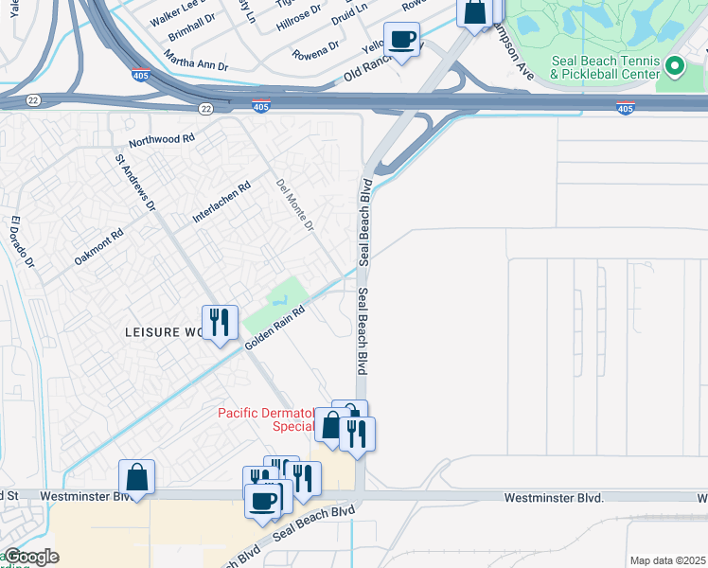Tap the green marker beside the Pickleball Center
[x=675, y=66]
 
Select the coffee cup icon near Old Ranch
[x=401, y=40]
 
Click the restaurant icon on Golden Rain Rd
[x=219, y=323]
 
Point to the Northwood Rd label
[x=162, y=138]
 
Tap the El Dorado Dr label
[x=22, y=242]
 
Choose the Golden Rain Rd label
[x=275, y=328]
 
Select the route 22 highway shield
[x=206, y=109]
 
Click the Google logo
[x=30, y=557]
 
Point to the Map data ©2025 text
[x=667, y=560]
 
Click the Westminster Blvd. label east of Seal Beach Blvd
[x=554, y=497]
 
